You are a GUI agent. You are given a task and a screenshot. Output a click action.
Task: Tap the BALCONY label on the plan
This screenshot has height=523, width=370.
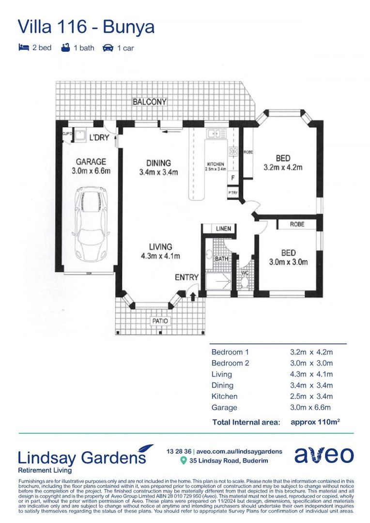[150, 102]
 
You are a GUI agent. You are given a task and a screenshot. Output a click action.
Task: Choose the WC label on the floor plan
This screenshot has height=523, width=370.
[245, 273]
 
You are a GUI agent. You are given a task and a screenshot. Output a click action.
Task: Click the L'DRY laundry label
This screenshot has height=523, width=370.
[99, 138]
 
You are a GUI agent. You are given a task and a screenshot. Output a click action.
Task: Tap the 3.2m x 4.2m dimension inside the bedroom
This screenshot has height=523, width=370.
[283, 168]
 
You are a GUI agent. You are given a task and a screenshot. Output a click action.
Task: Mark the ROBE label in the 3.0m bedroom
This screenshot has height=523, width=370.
[297, 225]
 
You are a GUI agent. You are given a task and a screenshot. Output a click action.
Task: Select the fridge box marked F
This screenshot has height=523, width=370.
[233, 178]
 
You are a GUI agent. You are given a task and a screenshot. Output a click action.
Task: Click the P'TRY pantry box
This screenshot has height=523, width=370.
[233, 193]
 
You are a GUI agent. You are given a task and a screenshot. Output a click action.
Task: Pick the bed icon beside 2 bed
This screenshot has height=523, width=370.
[23, 47]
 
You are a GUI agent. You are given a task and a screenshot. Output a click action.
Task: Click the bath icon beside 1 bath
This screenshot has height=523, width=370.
[66, 47]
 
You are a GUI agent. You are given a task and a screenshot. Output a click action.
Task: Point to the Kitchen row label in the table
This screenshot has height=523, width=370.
[224, 397]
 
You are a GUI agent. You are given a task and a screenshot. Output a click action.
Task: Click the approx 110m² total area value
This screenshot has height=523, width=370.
[314, 422]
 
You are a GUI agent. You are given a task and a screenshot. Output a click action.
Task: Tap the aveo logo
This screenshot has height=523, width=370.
[324, 455]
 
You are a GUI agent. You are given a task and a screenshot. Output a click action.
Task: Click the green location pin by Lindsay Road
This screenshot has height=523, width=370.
[183, 461]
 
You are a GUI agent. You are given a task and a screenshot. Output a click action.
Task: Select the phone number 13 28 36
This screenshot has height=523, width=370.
[178, 451]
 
